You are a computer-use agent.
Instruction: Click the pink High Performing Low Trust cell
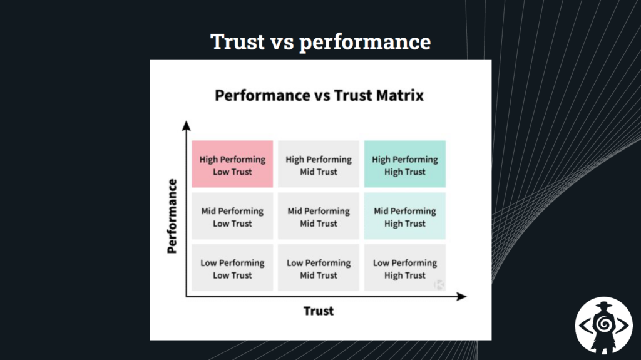click(x=232, y=164)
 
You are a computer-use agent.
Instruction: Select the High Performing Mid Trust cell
click(x=319, y=164)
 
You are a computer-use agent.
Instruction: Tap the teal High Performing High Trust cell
click(x=405, y=164)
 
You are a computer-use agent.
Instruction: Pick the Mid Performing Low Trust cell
click(x=232, y=216)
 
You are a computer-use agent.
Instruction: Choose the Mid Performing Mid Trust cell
click(x=319, y=216)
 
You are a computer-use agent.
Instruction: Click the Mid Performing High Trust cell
click(x=405, y=216)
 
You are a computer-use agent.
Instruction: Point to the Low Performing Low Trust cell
click(x=232, y=268)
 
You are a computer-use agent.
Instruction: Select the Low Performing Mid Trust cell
click(x=319, y=268)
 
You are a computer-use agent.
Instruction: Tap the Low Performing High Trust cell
click(x=405, y=268)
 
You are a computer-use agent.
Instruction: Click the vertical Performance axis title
click(x=173, y=216)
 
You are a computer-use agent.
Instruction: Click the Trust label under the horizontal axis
click(x=319, y=311)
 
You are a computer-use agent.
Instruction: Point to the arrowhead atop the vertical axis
click(x=186, y=126)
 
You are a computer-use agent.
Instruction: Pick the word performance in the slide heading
click(x=365, y=43)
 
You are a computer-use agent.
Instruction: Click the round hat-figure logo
click(x=603, y=324)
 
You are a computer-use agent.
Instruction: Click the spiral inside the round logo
click(x=603, y=325)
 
